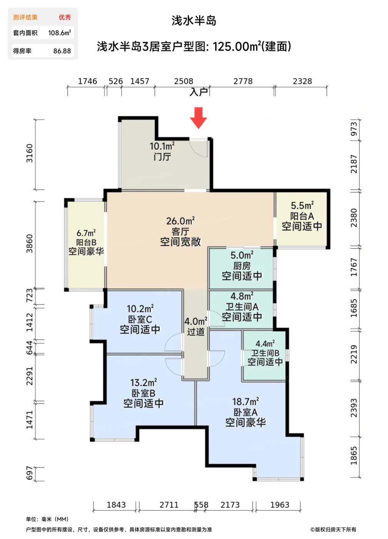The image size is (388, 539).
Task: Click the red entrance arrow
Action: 199,118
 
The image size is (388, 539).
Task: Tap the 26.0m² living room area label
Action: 181,221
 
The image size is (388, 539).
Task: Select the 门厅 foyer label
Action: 162,157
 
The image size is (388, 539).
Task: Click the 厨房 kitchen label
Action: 242,266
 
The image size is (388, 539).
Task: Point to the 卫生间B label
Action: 265,353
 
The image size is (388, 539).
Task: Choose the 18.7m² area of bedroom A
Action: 245,402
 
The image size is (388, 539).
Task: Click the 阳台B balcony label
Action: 86,242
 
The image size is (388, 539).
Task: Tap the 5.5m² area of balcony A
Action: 302,206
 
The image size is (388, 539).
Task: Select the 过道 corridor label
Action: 196,332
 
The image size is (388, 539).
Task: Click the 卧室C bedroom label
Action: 140,319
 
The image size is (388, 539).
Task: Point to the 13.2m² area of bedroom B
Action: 144,382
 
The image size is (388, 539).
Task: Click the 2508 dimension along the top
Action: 184,81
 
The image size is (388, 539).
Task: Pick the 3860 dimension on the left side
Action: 29,243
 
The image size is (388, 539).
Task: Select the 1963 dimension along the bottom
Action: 279,505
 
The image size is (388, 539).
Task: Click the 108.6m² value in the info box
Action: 59,33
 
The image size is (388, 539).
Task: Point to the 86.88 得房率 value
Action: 62,51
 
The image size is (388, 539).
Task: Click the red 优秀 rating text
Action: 65,17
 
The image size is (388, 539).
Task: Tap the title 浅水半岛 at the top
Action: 194,21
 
